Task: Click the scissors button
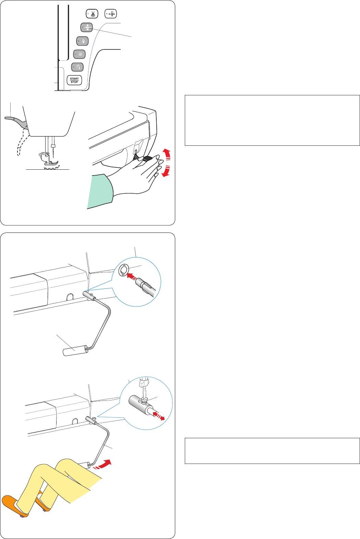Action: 92,14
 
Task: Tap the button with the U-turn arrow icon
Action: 77,67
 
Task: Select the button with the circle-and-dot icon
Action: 80,54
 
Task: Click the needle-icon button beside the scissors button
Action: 111,14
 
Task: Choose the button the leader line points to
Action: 86,27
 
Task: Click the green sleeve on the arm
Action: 100,191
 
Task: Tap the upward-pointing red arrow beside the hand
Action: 167,154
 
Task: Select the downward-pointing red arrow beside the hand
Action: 166,171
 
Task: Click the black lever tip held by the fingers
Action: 146,158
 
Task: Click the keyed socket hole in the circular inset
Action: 124,270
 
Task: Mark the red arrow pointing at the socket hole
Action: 132,277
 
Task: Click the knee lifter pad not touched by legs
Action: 75,351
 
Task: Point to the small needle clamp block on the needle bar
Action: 53,146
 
